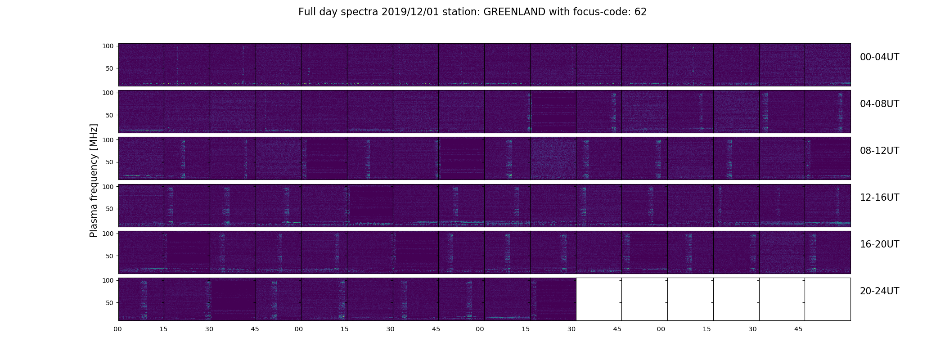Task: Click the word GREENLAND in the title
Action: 515,12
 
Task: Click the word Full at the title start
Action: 306,12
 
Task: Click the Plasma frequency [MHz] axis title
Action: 94,180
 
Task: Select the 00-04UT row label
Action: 879,57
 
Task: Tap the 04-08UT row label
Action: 879,104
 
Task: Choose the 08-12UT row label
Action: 879,151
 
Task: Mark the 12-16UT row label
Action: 879,198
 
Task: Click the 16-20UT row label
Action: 879,244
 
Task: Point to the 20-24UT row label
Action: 879,291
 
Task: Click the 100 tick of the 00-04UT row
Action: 108,46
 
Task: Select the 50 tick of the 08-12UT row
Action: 109,162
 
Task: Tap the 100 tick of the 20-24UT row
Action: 108,280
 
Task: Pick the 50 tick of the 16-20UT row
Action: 109,256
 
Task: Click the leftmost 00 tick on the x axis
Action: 118,329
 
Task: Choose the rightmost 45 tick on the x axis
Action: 798,329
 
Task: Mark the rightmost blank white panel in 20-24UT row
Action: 828,299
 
